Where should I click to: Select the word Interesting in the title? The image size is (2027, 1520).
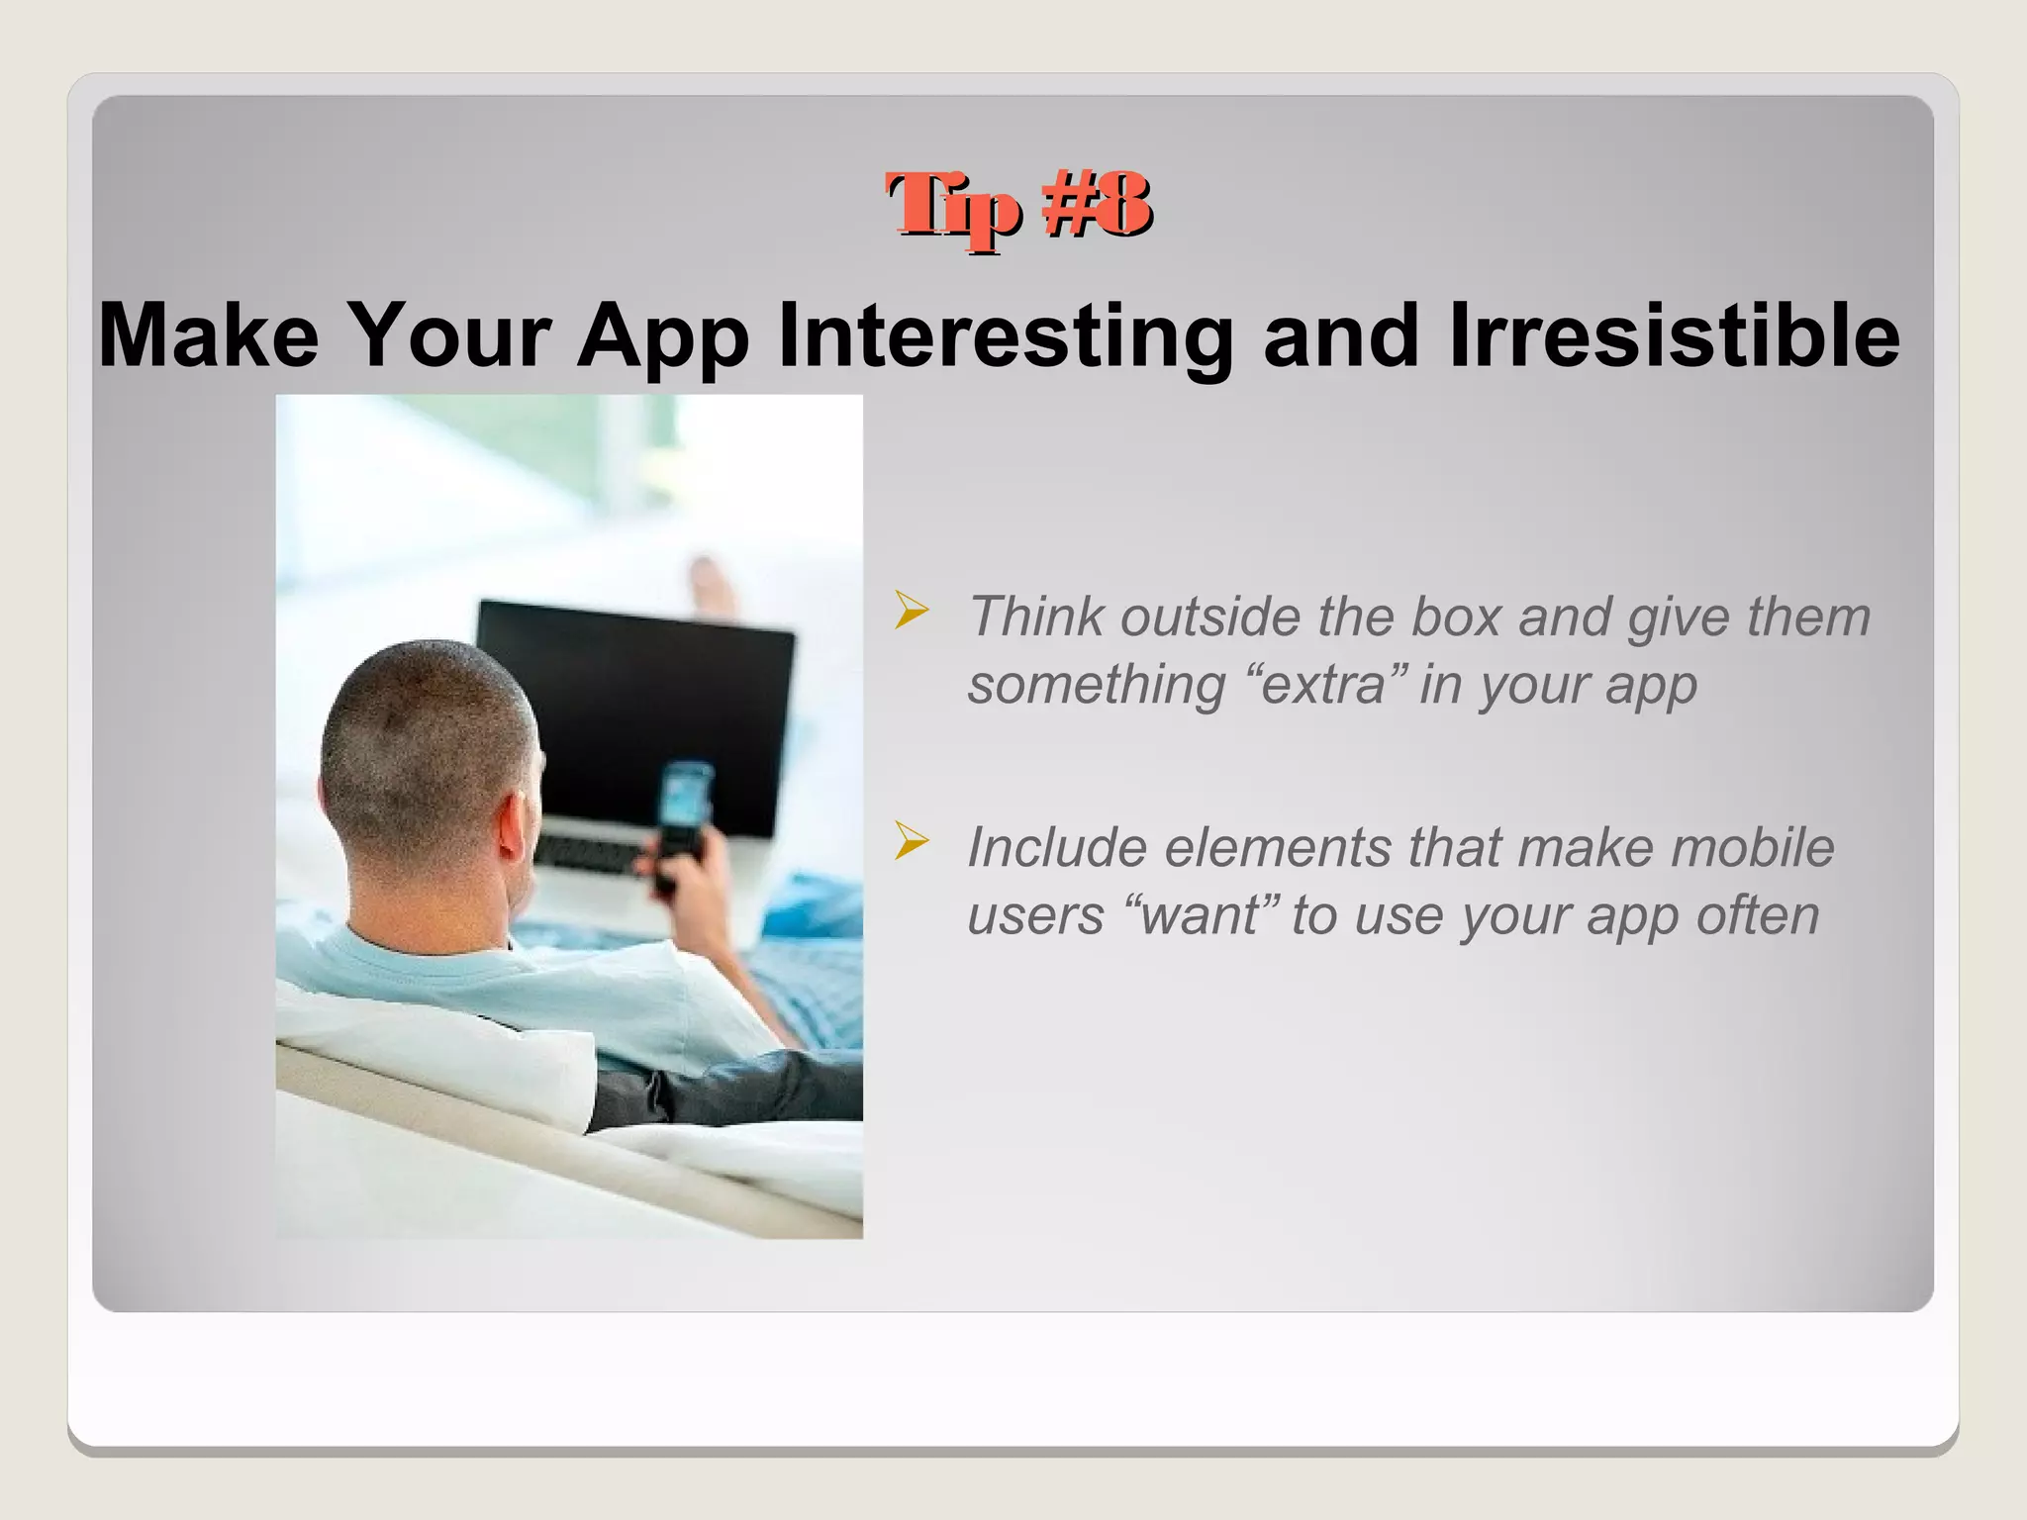(1006, 336)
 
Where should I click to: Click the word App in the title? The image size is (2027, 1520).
(662, 336)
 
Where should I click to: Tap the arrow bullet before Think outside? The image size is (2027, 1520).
(911, 611)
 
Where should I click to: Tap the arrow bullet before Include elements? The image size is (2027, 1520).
(911, 841)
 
